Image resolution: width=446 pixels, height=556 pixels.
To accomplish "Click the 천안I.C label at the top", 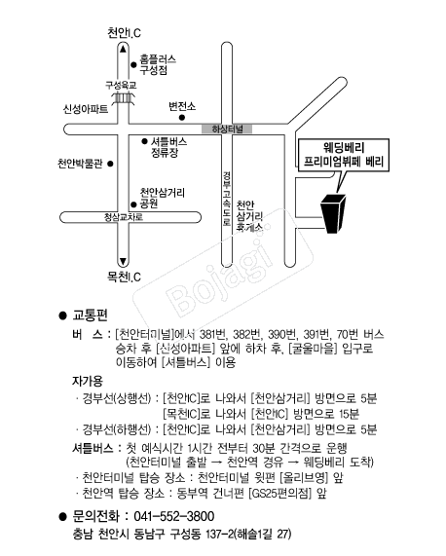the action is (x=124, y=33).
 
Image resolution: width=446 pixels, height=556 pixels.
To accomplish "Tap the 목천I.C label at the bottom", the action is (x=124, y=277).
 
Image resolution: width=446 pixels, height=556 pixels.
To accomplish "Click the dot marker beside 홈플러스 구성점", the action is (x=133, y=64).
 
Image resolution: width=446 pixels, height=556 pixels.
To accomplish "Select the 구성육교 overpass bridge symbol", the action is (x=124, y=98).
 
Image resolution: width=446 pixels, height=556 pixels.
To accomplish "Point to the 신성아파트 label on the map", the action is (x=86, y=108).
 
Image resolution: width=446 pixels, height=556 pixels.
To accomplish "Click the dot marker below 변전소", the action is (x=182, y=118).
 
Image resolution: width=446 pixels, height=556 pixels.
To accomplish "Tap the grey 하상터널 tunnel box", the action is (x=227, y=130).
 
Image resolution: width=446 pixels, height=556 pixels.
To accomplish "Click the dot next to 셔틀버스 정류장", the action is (x=144, y=141).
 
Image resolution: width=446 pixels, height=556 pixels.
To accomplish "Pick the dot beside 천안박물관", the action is (x=110, y=164).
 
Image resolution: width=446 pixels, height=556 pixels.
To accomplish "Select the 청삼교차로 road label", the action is (x=124, y=217).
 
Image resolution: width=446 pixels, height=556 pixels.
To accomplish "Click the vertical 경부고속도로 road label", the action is (x=227, y=199).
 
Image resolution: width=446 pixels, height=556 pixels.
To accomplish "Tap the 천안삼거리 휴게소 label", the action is (x=249, y=216).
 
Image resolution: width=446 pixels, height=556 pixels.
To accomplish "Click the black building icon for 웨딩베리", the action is (x=333, y=213).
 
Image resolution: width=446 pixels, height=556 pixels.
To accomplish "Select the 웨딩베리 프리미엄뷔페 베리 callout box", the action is (x=344, y=155).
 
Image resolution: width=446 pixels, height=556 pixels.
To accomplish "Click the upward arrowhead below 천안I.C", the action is (x=123, y=49).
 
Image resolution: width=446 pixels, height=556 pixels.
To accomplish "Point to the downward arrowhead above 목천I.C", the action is (x=123, y=262).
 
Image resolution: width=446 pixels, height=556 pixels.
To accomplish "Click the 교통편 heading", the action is (x=90, y=315).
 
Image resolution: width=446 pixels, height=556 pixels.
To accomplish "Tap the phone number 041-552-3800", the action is (x=174, y=516).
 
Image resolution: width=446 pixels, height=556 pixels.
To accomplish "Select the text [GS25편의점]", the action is (x=280, y=494).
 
